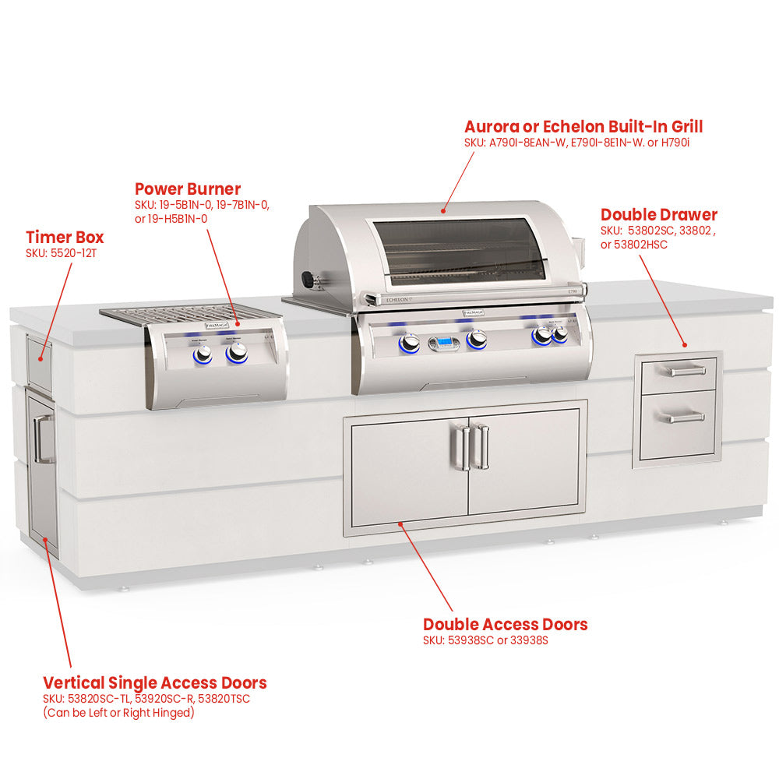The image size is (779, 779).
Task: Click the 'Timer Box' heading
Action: pyautogui.click(x=65, y=238)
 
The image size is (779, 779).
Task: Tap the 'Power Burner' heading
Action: pyautogui.click(x=188, y=189)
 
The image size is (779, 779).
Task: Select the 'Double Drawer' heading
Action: pyautogui.click(x=659, y=215)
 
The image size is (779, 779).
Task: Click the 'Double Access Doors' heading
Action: pyautogui.click(x=506, y=625)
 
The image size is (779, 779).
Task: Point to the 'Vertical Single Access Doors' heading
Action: pyautogui.click(x=155, y=683)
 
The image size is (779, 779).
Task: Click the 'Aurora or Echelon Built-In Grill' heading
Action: pyautogui.click(x=583, y=127)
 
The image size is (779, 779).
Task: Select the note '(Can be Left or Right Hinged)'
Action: pyautogui.click(x=118, y=713)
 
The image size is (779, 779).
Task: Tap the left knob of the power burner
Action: pyautogui.click(x=203, y=354)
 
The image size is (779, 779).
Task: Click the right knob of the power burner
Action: pyautogui.click(x=237, y=353)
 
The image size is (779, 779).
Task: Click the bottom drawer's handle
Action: pyautogui.click(x=686, y=418)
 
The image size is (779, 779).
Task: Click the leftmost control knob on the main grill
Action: pyautogui.click(x=410, y=344)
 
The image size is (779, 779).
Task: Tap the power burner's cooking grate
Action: pyautogui.click(x=185, y=315)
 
